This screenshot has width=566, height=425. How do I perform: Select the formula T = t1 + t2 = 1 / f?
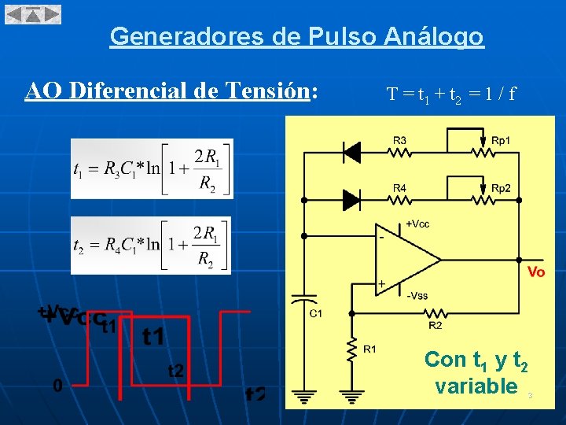[x=451, y=95]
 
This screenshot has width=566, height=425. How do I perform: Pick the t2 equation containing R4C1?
[x=151, y=245]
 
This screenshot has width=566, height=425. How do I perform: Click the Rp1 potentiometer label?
[x=501, y=140]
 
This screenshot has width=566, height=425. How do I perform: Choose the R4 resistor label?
[x=400, y=188]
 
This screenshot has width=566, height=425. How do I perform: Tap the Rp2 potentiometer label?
[x=501, y=188]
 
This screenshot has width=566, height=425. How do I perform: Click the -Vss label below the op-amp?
[x=417, y=296]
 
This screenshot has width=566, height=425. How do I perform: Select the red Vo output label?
[x=535, y=272]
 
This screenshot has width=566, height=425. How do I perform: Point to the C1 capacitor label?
[x=315, y=314]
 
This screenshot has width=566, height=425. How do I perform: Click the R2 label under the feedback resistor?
[x=435, y=324]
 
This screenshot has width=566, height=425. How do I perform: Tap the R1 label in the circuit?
[x=370, y=349]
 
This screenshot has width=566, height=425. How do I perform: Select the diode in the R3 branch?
[x=351, y=150]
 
